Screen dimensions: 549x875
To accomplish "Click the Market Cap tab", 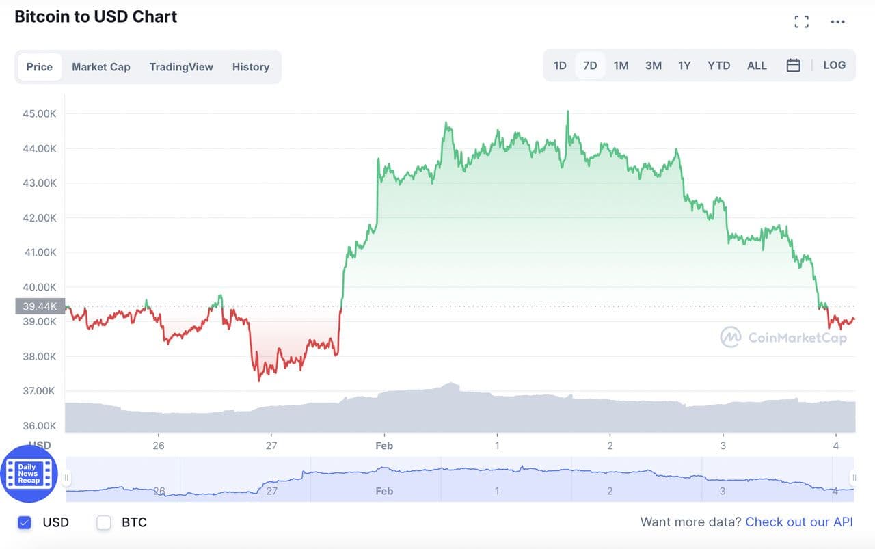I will (x=100, y=67).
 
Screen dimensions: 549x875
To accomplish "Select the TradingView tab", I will (x=181, y=67).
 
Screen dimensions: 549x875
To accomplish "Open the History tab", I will (x=250, y=67).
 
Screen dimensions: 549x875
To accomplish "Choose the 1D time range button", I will (x=560, y=66).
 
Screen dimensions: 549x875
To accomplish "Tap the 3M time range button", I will (x=653, y=66).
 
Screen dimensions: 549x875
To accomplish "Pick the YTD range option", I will (x=718, y=66).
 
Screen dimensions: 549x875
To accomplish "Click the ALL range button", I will (x=757, y=66).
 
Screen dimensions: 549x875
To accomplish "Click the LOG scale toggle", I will (x=834, y=66).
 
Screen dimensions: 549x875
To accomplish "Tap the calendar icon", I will (x=793, y=66).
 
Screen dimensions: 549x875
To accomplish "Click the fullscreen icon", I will (x=802, y=22).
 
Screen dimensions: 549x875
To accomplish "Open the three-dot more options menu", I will (x=837, y=22).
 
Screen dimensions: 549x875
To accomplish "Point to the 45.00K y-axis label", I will (x=40, y=113).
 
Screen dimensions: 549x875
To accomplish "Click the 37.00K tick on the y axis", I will (x=40, y=391).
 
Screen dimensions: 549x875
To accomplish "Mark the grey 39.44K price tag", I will (x=40, y=307).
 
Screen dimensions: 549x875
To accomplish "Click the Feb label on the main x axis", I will (x=384, y=446).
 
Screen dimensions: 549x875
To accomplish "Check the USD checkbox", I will (x=25, y=523).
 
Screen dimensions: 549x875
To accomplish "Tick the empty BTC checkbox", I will (x=104, y=523).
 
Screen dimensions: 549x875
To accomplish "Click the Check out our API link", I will (x=799, y=522).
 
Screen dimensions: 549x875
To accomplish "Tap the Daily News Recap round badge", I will (x=29, y=474).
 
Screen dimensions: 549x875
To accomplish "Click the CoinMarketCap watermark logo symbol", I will (x=730, y=337).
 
